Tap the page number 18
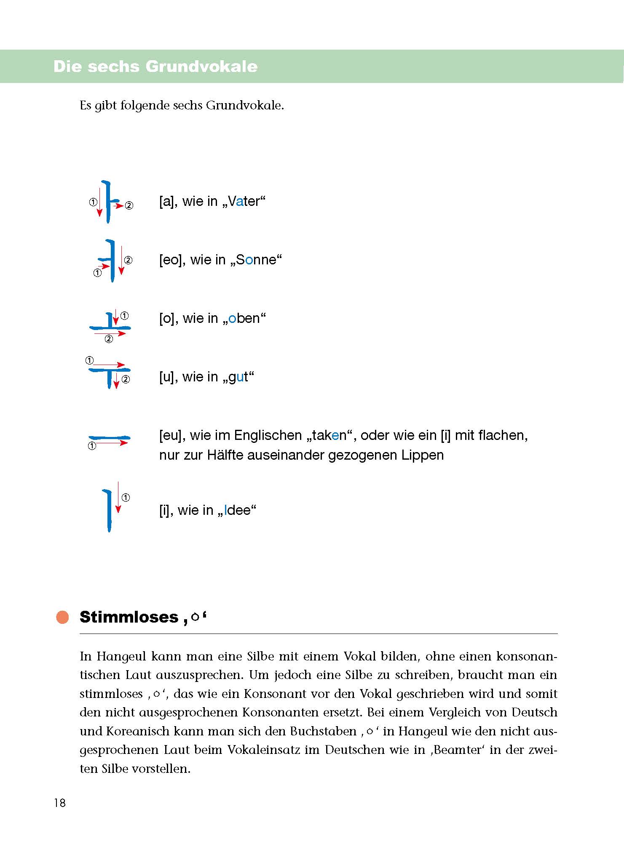(x=60, y=803)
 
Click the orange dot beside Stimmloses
(x=62, y=617)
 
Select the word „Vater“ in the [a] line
(x=246, y=201)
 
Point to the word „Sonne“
(x=256, y=260)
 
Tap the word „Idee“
(x=237, y=510)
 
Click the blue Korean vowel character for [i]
(x=108, y=510)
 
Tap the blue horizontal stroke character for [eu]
(x=109, y=438)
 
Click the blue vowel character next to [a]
(x=109, y=202)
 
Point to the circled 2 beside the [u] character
(x=126, y=379)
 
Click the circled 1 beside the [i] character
(x=126, y=498)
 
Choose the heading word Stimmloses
(x=129, y=617)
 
